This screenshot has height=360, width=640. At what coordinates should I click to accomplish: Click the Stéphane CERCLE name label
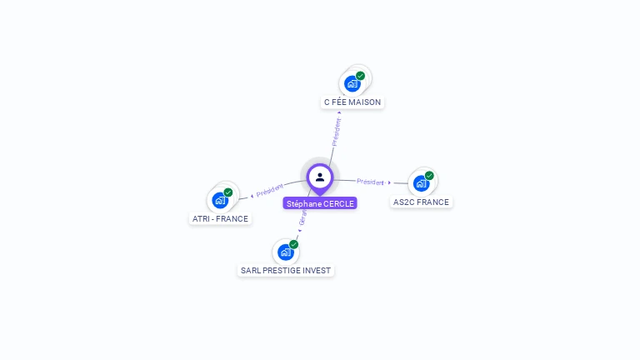[x=320, y=203]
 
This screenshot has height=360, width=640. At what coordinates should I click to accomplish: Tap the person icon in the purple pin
[x=320, y=177]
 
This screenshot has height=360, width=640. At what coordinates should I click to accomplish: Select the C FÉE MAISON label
[x=352, y=102]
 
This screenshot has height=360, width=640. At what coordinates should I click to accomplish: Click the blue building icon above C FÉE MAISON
[x=352, y=83]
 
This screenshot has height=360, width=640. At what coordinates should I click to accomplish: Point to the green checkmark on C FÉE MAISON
[x=360, y=76]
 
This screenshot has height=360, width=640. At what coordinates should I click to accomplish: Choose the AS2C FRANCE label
[x=421, y=202]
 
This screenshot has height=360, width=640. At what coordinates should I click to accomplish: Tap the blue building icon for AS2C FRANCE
[x=421, y=183]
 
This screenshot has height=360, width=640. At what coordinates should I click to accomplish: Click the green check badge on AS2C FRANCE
[x=429, y=176]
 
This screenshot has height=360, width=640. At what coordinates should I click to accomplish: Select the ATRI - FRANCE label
[x=220, y=219]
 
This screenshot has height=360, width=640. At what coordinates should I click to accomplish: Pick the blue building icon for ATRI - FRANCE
[x=220, y=200]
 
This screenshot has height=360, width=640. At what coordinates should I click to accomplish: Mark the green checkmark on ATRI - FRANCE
[x=228, y=192]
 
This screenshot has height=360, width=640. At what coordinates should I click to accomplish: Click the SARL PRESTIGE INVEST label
[x=286, y=271]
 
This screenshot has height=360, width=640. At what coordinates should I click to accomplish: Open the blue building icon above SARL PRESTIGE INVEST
[x=286, y=252]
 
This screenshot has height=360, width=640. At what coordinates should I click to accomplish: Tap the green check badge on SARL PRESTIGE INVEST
[x=293, y=244]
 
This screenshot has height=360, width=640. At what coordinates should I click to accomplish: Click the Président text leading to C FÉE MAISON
[x=336, y=132]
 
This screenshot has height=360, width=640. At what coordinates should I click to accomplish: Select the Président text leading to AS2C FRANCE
[x=370, y=182]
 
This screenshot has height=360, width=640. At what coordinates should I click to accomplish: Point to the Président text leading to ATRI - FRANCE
[x=270, y=191]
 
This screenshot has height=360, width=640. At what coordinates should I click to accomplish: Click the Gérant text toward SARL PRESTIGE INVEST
[x=302, y=218]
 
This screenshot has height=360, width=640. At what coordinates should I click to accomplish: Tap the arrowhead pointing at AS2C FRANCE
[x=390, y=182]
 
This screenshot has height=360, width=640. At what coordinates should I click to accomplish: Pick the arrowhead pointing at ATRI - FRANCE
[x=251, y=196]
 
